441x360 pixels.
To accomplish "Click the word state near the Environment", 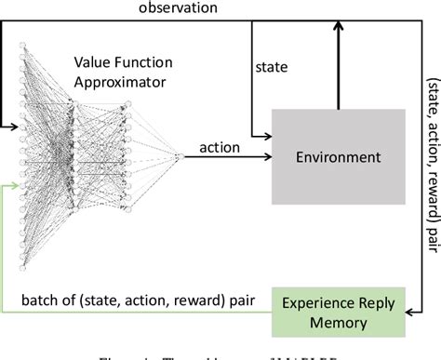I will tap(270, 67).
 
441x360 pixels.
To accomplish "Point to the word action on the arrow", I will tap(219, 147).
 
